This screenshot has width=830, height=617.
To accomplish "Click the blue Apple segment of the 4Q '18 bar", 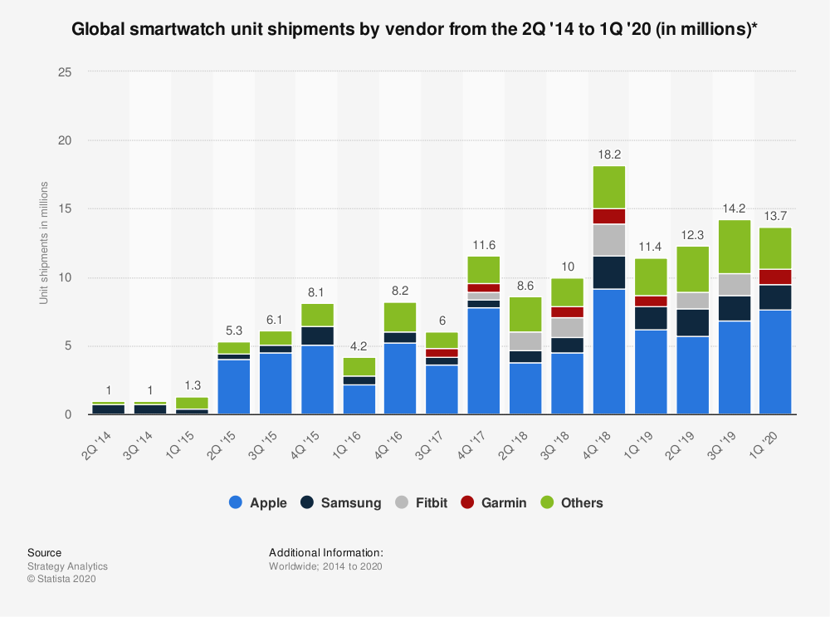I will click(609, 351).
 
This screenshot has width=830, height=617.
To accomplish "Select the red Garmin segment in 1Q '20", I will click(776, 277).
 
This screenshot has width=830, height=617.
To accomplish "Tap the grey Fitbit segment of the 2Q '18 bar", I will click(526, 341).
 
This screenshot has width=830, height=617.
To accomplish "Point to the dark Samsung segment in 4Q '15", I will click(318, 335).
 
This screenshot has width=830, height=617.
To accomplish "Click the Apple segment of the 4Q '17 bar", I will click(485, 360).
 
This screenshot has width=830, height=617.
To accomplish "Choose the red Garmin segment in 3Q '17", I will click(442, 353).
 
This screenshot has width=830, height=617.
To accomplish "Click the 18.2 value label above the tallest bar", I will click(609, 154).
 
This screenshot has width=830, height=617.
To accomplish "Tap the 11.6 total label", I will click(485, 244).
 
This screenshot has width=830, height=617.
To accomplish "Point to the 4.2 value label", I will click(359, 345).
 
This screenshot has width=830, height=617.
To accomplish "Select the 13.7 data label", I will click(776, 215).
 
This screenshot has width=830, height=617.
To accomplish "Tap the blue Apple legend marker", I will click(235, 502).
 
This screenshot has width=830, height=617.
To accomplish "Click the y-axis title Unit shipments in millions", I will click(44, 242).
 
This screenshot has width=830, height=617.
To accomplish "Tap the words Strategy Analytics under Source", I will click(67, 566).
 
